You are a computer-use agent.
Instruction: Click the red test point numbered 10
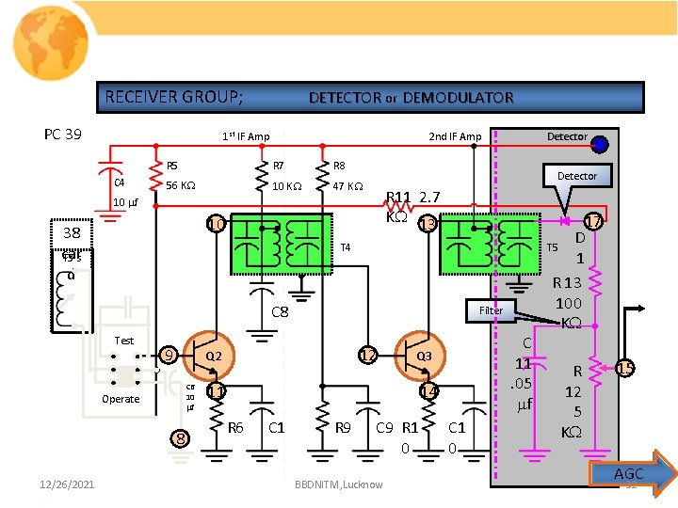(216, 224)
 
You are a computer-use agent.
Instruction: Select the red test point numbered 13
(428, 224)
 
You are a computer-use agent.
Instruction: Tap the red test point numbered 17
(593, 223)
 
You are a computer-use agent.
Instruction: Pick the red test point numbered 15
(625, 370)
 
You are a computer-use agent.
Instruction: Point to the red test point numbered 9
(168, 356)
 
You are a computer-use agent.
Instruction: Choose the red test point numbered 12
(367, 356)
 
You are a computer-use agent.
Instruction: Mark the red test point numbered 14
(428, 390)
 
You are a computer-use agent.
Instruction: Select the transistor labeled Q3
(420, 357)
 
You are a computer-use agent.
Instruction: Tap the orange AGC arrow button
(631, 473)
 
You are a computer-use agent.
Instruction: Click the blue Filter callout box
(492, 310)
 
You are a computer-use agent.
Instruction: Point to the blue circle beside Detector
(600, 144)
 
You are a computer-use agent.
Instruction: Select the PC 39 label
(63, 135)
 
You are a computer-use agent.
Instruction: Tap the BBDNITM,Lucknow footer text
(338, 484)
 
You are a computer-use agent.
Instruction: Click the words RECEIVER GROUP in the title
(174, 97)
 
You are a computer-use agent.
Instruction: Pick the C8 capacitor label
(280, 311)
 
